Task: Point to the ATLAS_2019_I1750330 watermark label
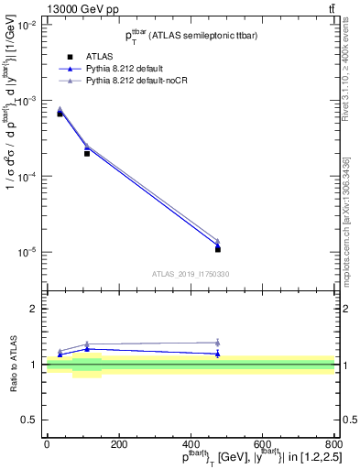point(191,274)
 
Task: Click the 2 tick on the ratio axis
point(35,309)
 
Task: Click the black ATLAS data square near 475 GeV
point(217,249)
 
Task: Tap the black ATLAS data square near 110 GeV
point(87,153)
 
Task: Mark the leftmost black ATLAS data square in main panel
point(60,114)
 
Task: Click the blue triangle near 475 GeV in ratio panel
point(217,354)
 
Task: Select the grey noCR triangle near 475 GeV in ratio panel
point(217,343)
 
